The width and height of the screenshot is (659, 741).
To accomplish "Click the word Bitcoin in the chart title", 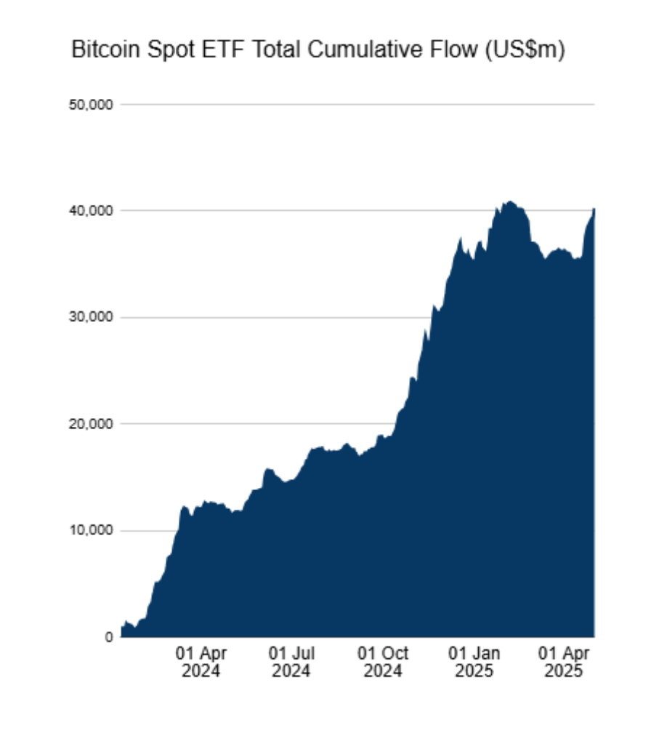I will click(x=102, y=51).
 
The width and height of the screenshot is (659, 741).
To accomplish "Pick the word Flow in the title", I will click(x=442, y=51).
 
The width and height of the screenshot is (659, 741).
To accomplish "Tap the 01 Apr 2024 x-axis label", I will click(x=202, y=661).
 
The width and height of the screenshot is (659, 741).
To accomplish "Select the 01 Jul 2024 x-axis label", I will click(x=291, y=661).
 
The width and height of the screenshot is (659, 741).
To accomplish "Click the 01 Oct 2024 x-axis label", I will click(x=383, y=661).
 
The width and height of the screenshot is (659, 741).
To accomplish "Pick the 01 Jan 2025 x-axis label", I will click(x=474, y=661).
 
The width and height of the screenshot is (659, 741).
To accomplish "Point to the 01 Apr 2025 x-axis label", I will click(x=565, y=661).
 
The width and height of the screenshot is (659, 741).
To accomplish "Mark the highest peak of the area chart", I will click(x=510, y=201).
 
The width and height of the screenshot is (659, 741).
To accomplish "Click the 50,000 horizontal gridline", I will click(x=363, y=105).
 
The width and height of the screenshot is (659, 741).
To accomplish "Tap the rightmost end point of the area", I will click(x=594, y=209).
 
